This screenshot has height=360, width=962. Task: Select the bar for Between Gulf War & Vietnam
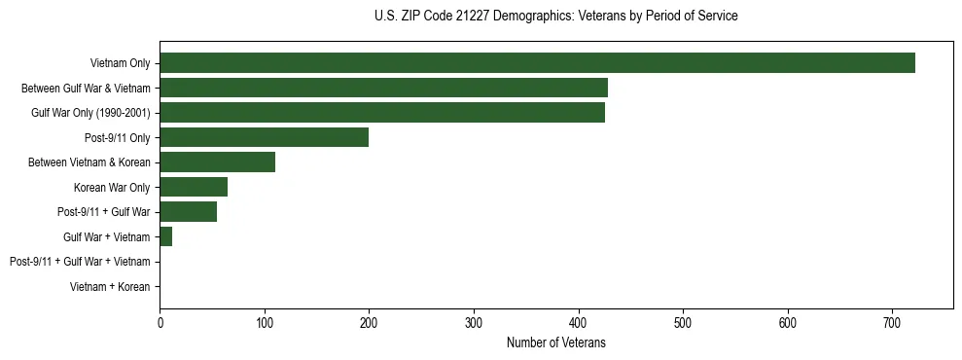(383, 88)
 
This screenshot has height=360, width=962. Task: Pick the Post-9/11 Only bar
(264, 137)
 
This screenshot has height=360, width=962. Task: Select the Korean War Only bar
(194, 187)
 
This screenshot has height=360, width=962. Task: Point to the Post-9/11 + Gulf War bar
(188, 212)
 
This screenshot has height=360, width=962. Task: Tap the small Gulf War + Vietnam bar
(166, 236)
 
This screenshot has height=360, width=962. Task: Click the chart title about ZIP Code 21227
(555, 17)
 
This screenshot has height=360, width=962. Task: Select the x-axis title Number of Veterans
(555, 342)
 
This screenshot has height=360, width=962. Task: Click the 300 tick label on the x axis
(474, 322)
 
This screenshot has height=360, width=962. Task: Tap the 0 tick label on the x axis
(160, 322)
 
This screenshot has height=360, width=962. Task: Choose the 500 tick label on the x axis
(683, 322)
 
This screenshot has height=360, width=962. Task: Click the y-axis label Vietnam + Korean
(110, 287)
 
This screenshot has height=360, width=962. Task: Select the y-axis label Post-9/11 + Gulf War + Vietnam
(80, 262)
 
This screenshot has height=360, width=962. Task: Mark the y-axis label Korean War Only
(112, 187)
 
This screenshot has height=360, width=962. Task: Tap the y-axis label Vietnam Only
(120, 63)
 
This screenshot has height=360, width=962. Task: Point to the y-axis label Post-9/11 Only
(118, 137)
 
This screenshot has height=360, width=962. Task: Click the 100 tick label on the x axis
(265, 322)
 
